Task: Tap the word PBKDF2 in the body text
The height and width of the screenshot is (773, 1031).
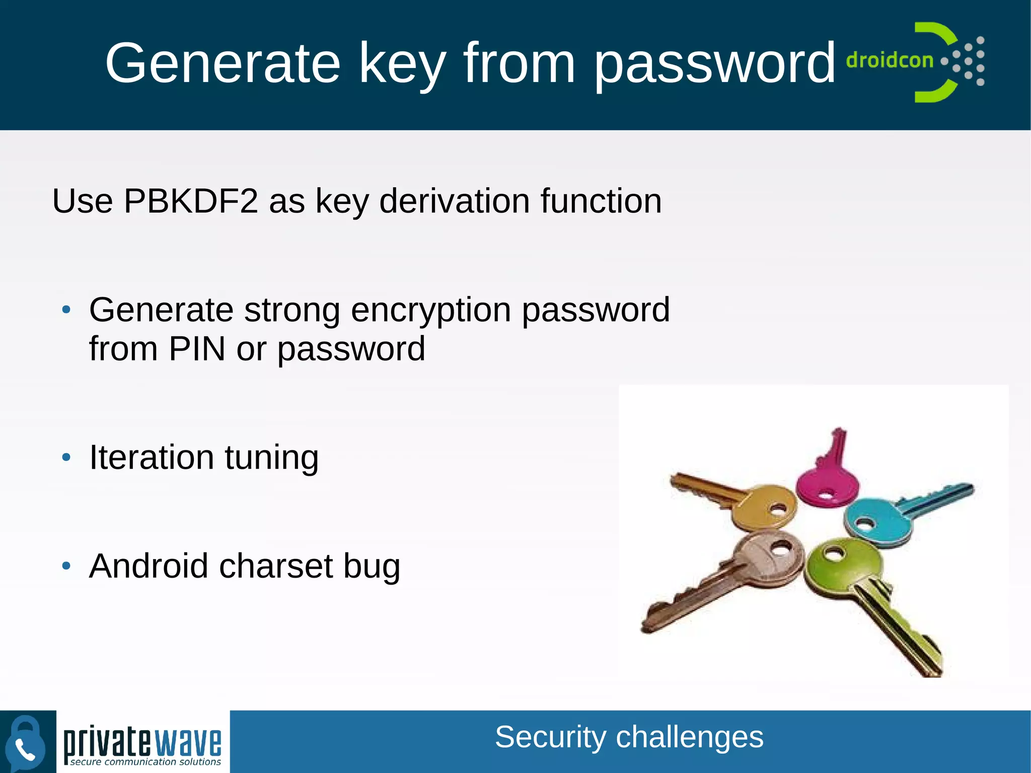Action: click(191, 201)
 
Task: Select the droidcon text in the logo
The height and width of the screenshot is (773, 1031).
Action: click(890, 60)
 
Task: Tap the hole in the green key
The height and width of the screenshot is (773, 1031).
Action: click(835, 554)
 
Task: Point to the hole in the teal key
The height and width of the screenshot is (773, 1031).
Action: click(866, 524)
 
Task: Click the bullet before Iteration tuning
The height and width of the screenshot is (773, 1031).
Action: click(66, 457)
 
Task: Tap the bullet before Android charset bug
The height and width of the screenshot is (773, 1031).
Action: click(66, 566)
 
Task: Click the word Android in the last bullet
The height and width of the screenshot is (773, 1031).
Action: click(149, 566)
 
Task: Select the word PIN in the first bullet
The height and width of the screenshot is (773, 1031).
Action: click(197, 348)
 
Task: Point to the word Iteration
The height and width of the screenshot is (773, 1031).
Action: click(152, 457)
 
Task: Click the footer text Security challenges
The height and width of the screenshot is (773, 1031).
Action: click(629, 737)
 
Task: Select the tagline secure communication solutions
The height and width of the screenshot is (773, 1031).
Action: click(145, 762)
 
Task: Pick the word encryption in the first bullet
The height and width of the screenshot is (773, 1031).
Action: click(431, 310)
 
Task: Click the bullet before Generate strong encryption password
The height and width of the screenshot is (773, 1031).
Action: click(66, 310)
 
